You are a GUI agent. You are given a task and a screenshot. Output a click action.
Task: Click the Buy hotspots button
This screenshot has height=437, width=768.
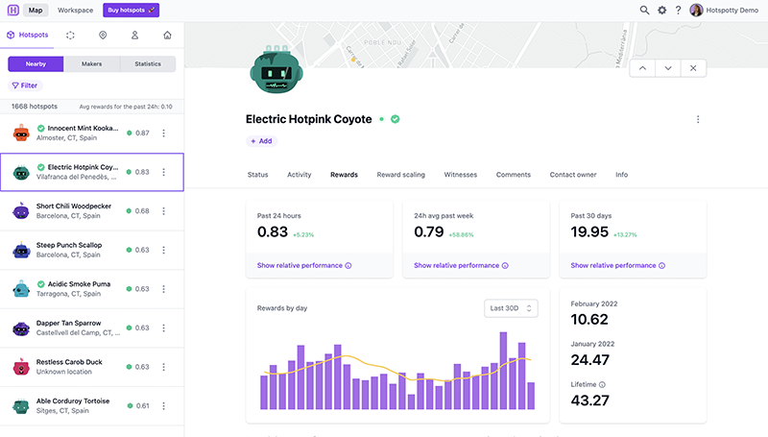pos(131,10)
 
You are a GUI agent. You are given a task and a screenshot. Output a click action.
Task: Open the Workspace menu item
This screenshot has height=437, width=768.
pos(75,10)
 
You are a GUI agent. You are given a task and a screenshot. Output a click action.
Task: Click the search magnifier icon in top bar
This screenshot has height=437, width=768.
pos(644,10)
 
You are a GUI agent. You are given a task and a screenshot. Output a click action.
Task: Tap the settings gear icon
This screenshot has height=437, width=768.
pos(661,10)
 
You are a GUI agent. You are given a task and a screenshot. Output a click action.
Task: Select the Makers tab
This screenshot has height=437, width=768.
pos(91,64)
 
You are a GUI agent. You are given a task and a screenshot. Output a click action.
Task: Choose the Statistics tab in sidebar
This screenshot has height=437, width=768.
pos(148,64)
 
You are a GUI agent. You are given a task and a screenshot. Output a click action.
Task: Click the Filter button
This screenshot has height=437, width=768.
pos(25,85)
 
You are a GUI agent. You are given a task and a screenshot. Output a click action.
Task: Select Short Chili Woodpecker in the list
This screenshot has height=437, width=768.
pos(73,206)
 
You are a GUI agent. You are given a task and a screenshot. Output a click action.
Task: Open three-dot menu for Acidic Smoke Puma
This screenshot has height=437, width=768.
pos(163,289)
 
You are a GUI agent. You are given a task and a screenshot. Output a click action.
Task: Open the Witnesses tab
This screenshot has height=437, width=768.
pos(460,175)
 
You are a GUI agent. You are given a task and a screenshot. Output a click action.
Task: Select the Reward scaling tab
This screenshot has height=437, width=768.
pos(400,175)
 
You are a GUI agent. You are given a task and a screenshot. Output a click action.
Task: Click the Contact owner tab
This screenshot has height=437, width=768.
pos(572,175)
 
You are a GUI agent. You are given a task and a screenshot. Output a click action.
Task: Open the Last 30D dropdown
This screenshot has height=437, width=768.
pos(511,308)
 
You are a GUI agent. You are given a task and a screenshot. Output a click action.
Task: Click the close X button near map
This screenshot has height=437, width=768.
pos(694,68)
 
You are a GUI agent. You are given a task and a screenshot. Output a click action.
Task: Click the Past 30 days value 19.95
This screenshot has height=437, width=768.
pos(589,231)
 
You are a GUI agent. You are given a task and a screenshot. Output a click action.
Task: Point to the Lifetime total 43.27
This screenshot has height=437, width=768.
pos(589,400)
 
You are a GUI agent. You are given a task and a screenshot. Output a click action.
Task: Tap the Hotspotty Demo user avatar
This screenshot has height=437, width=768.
pos(696,10)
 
